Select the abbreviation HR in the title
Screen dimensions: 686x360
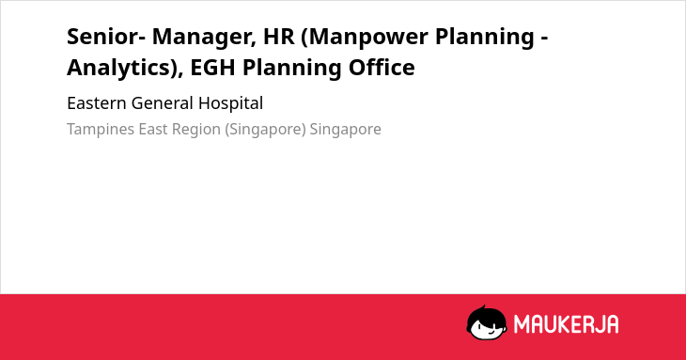(x=279, y=36)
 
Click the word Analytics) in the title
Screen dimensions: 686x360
(x=125, y=69)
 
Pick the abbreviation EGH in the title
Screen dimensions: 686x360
(x=212, y=68)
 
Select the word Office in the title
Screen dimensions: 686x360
(x=382, y=67)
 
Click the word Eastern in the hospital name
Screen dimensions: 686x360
(x=97, y=103)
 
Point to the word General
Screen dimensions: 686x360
(x=162, y=103)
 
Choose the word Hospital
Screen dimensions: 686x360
(x=230, y=104)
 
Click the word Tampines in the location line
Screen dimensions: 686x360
(x=101, y=130)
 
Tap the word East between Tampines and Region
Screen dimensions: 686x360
(x=153, y=129)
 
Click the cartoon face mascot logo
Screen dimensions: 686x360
(x=487, y=322)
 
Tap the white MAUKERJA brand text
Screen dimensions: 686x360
(x=566, y=324)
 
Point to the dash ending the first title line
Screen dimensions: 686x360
(x=545, y=39)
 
